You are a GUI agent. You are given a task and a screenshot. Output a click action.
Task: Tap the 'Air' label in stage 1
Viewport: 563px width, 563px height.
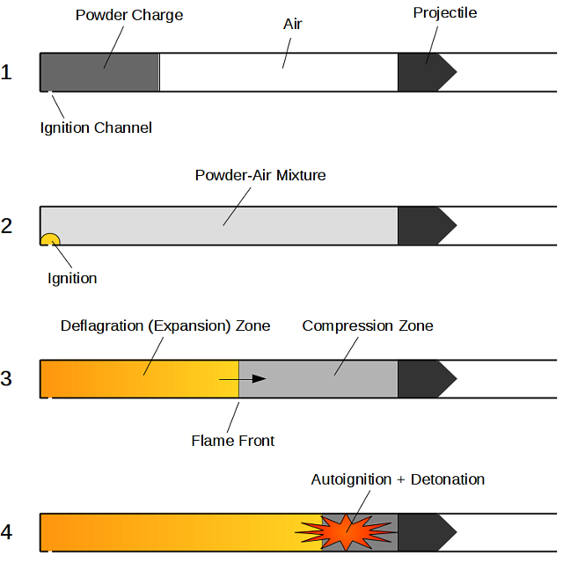(293, 24)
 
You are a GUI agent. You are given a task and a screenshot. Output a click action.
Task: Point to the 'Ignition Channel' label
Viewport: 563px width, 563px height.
(96, 128)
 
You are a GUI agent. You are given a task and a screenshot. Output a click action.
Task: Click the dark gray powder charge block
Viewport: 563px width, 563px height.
(99, 72)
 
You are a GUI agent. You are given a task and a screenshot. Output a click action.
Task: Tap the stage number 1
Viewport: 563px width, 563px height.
(7, 72)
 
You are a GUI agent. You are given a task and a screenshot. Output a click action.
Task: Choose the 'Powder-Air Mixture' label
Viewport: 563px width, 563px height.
(260, 175)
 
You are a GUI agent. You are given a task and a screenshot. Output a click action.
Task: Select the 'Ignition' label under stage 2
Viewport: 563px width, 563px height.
(72, 278)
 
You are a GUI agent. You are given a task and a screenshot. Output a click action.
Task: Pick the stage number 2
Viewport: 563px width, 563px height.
(7, 226)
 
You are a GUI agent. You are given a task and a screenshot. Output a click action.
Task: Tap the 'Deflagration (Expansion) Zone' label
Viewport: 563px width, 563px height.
(165, 325)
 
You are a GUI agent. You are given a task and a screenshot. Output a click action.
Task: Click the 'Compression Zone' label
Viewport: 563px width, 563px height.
(368, 325)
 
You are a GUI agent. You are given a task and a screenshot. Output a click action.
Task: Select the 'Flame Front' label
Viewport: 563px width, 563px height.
(233, 440)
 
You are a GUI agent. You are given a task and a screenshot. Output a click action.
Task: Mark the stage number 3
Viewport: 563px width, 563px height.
(7, 379)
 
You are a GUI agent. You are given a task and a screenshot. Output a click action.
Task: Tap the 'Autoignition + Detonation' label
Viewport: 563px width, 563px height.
(398, 479)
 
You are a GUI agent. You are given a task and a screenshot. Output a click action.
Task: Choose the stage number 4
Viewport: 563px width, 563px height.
(7, 533)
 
